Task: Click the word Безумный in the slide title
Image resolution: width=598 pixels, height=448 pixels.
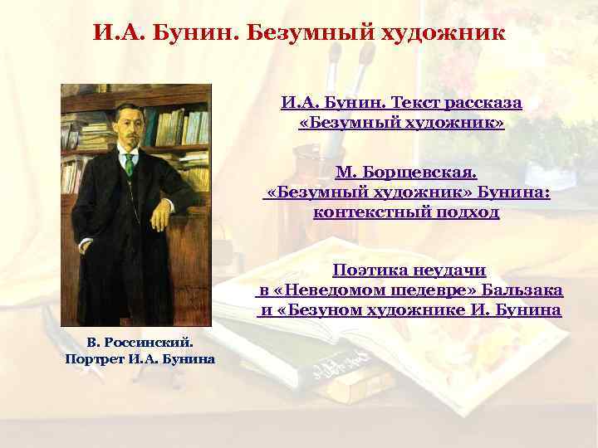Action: [x=316, y=34]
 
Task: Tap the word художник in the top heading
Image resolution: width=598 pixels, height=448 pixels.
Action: [x=441, y=34]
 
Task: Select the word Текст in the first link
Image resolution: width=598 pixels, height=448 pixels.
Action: [x=402, y=104]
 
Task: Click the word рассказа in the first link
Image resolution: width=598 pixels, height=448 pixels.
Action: [x=483, y=104]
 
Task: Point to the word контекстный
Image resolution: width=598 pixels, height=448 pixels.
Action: [x=370, y=212]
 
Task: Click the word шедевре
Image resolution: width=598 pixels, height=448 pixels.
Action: [x=400, y=291]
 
